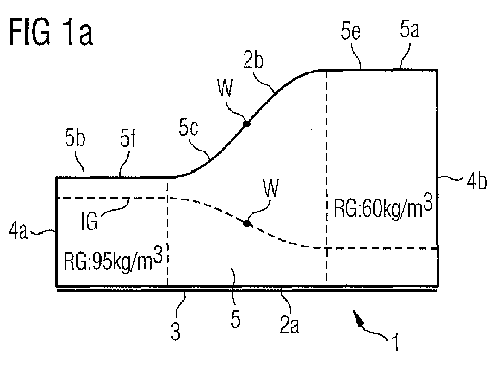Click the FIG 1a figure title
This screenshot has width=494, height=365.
51,32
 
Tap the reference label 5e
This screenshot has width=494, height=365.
350,32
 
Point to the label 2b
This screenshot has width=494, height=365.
253,60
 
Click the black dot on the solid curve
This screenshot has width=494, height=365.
246,124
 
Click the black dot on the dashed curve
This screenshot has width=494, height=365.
246,223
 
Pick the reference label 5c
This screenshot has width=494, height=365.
188,128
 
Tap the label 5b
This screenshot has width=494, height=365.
75,138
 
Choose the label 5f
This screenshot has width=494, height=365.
128,138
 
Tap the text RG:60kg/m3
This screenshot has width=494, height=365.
383,206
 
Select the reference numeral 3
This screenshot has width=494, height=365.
175,332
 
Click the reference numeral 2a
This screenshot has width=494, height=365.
289,325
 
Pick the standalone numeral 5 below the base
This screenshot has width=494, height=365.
236,319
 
